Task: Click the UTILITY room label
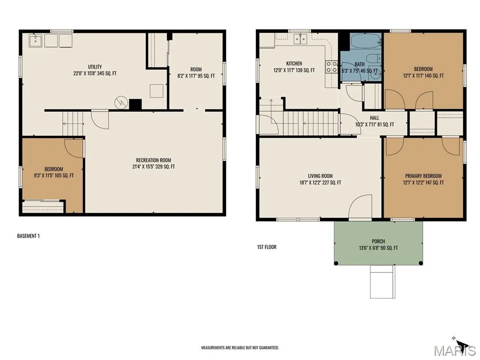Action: pyautogui.click(x=95, y=67)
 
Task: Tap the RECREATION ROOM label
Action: pyautogui.click(x=153, y=160)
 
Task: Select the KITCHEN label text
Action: pyautogui.click(x=294, y=63)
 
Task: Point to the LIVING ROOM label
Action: pyautogui.click(x=320, y=176)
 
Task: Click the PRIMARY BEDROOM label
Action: pyautogui.click(x=423, y=176)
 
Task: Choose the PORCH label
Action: pyautogui.click(x=378, y=241)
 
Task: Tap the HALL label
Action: pyautogui.click(x=375, y=118)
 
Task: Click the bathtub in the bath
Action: pyautogui.click(x=366, y=41)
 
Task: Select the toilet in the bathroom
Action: pyautogui.click(x=374, y=58)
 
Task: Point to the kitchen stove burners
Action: pyautogui.click(x=331, y=67)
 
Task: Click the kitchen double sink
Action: pyautogui.click(x=300, y=39)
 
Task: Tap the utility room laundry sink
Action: pyautogui.click(x=36, y=41)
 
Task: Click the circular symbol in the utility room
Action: pyautogui.click(x=121, y=103)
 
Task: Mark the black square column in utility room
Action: pyautogui.click(x=135, y=105)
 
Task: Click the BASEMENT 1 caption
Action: pyautogui.click(x=28, y=236)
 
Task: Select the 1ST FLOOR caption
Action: pyautogui.click(x=267, y=247)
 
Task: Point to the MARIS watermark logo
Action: pyautogui.click(x=455, y=350)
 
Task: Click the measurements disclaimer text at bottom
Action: pyautogui.click(x=240, y=348)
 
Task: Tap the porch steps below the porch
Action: pyautogui.click(x=382, y=282)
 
